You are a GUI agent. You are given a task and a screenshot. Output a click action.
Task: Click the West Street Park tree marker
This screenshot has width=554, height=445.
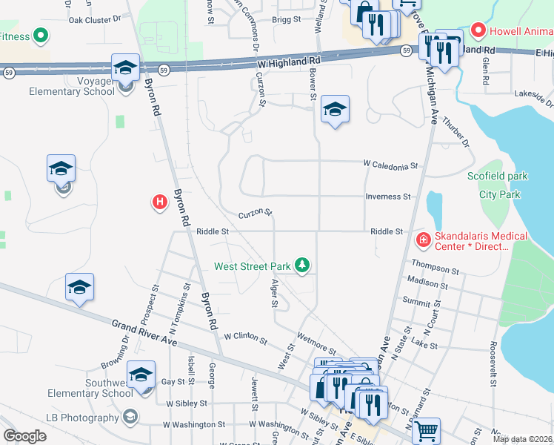pyautogui.click(x=301, y=266)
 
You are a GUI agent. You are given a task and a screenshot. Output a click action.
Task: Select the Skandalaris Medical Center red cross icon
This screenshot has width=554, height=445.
pyautogui.click(x=423, y=240)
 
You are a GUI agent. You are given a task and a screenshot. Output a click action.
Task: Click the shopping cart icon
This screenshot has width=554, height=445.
pyautogui.click(x=425, y=430)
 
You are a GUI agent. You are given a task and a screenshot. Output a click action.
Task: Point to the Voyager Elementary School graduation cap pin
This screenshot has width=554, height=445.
pyautogui.click(x=125, y=68)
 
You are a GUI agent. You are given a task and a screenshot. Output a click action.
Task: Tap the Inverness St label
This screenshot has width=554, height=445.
pyautogui.click(x=387, y=197)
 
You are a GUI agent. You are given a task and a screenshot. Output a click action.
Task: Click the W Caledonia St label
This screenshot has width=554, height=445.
pyautogui.click(x=390, y=165)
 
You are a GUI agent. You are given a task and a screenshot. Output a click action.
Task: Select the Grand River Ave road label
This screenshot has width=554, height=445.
pyautogui.click(x=144, y=333)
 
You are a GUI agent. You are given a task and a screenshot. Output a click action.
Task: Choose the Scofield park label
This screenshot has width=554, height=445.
pyautogui.click(x=498, y=177)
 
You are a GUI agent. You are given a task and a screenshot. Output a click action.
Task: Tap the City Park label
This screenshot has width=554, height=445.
pyautogui.click(x=499, y=195)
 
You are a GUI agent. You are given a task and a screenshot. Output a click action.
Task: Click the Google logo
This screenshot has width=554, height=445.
pyautogui.click(x=24, y=436)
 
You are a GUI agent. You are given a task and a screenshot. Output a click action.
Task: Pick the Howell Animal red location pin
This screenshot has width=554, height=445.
pyautogui.click(x=478, y=31)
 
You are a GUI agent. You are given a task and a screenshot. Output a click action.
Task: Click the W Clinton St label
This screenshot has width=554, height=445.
pyautogui.click(x=245, y=337)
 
